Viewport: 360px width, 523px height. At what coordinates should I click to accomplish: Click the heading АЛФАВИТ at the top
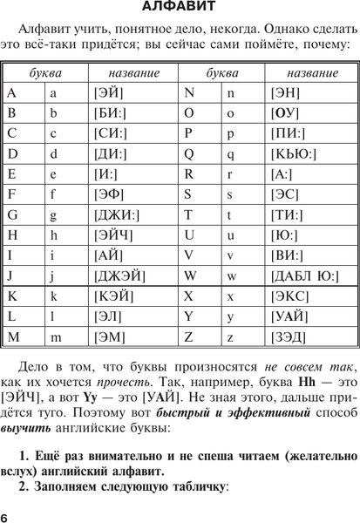180,11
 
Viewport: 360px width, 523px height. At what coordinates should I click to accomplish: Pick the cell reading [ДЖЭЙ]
112,276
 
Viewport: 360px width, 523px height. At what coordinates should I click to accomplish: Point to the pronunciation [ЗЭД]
288,336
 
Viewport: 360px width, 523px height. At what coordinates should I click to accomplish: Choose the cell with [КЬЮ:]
291,153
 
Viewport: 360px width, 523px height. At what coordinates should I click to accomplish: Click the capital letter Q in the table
190,153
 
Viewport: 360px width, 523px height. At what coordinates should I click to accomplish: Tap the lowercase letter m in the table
54,336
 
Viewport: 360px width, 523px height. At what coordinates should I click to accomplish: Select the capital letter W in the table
191,276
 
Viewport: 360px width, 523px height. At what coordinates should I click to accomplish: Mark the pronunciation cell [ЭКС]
287,296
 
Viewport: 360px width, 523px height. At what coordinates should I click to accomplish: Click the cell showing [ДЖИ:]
113,214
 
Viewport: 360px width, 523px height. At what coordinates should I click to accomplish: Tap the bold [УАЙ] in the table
288,316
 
